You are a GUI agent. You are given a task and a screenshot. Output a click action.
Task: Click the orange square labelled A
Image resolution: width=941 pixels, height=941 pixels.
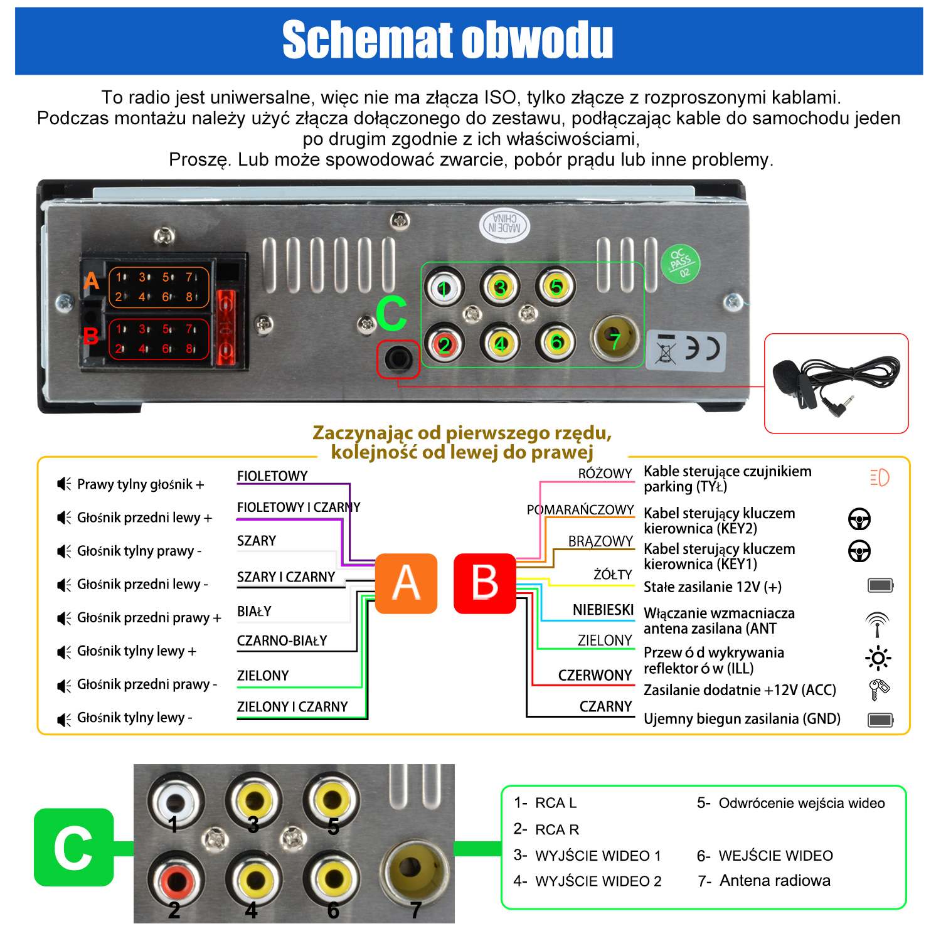point(406,583)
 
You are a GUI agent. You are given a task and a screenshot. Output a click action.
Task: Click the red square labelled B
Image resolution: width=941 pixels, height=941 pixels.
point(485,583)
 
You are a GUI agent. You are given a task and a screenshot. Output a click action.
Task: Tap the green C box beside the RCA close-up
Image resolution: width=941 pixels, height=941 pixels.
point(74,848)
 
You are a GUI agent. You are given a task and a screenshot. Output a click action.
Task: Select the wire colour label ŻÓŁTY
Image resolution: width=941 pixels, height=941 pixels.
point(613,575)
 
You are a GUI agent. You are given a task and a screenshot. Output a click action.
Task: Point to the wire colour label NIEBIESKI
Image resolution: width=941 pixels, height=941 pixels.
point(603,610)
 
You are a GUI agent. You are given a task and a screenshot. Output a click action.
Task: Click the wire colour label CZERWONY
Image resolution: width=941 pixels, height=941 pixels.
point(595,676)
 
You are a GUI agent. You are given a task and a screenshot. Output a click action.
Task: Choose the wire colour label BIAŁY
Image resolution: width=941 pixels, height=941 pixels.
point(254,611)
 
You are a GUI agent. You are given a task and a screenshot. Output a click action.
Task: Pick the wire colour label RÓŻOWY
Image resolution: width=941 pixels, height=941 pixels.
point(605,474)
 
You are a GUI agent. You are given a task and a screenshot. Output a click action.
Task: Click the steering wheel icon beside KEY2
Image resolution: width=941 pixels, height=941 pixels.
point(859,519)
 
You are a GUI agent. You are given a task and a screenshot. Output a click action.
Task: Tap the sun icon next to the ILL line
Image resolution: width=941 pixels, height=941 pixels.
point(878,658)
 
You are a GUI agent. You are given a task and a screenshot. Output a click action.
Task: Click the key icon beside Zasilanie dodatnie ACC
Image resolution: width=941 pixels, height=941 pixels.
point(878,689)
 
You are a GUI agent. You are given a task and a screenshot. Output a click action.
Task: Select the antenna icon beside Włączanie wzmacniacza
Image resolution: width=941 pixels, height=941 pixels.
point(877,624)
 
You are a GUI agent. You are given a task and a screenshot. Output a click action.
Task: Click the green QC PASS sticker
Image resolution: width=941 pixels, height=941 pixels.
point(681,263)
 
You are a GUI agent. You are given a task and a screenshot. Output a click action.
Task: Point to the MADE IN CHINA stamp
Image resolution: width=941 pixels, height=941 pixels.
point(504,225)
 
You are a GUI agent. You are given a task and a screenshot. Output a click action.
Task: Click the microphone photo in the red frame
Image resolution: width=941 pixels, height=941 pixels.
point(836,383)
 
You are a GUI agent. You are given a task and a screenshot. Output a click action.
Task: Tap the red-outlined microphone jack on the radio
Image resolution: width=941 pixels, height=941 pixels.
point(398,359)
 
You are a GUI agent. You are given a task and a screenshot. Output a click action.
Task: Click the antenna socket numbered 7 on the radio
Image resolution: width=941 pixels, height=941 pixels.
point(615,339)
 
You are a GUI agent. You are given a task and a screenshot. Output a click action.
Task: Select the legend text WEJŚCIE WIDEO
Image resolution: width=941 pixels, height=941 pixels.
point(775,856)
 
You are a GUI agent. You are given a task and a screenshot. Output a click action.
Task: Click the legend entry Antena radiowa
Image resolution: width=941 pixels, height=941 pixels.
point(775,881)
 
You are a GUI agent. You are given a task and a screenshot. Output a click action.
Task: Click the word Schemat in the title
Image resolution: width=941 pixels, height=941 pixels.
point(367,40)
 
